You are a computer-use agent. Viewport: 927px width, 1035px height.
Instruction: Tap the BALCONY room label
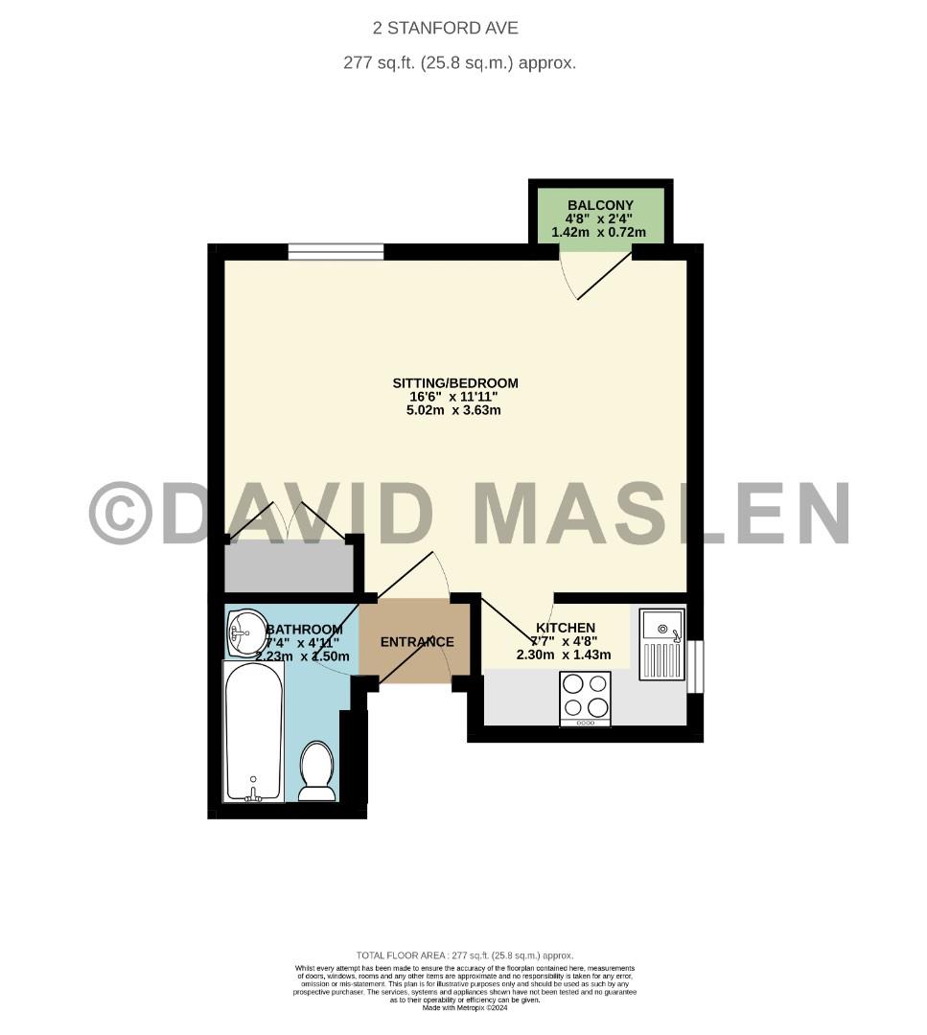point(600,205)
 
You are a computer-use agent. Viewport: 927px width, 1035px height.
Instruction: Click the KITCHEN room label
point(565,628)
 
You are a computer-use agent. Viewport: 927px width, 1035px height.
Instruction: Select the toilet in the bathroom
point(316,770)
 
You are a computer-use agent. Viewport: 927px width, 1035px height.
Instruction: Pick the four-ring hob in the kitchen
point(585,696)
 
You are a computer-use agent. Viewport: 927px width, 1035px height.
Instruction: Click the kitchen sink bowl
point(660,628)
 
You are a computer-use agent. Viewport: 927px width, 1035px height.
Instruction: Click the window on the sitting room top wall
point(336,252)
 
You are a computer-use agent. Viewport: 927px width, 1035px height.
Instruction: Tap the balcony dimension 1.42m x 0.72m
point(600,233)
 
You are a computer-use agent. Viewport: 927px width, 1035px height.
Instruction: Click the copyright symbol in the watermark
point(121,513)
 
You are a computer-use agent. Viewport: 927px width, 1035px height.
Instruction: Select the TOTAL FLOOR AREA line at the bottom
point(464,955)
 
